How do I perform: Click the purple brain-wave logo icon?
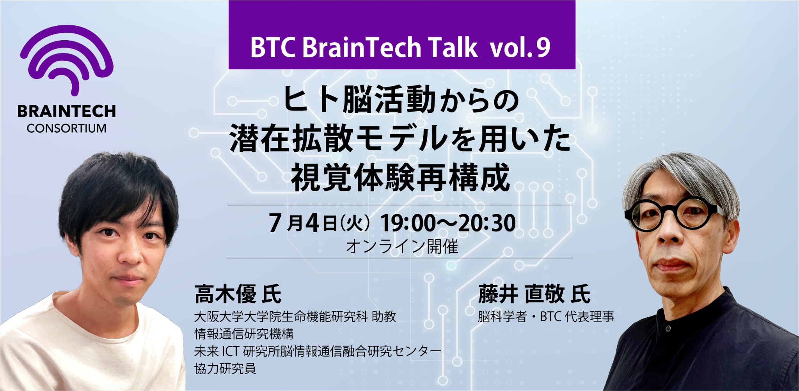tap(67, 59)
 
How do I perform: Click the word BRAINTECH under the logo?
tap(67, 111)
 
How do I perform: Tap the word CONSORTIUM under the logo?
tap(67, 128)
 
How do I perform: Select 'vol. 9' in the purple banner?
tap(520, 48)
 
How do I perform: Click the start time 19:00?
tap(408, 224)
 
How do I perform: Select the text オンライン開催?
tap(402, 247)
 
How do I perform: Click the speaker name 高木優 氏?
tap(238, 294)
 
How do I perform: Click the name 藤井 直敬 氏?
tap(534, 294)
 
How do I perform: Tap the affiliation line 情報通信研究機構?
tap(244, 334)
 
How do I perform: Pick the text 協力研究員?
tap(225, 368)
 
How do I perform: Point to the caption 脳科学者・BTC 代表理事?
tap(546, 316)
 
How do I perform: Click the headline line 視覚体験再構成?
tap(400, 178)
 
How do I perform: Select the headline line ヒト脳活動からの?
tap(400, 100)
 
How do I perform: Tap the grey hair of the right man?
tap(679, 172)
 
